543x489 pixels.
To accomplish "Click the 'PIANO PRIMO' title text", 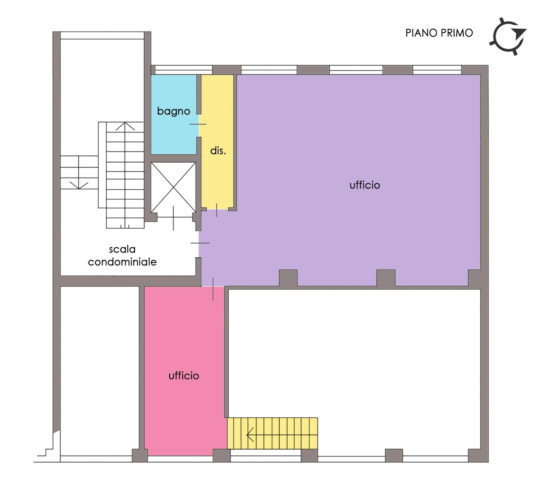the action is pyautogui.click(x=439, y=33).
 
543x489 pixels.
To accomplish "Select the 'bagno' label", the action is pyautogui.click(x=174, y=111).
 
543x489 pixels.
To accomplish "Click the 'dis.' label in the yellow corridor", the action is pyautogui.click(x=218, y=151).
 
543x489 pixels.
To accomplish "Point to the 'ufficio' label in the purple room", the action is pyautogui.click(x=365, y=185).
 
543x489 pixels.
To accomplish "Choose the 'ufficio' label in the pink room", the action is pyautogui.click(x=184, y=376).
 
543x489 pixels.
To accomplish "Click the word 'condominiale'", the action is pyautogui.click(x=122, y=262).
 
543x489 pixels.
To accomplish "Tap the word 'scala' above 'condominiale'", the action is pyautogui.click(x=122, y=249).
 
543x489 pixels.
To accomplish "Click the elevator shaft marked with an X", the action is pyautogui.click(x=173, y=187).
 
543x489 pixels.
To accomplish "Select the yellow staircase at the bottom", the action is pyautogui.click(x=272, y=433).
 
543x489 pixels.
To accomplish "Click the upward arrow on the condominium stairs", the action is pyautogui.click(x=125, y=126).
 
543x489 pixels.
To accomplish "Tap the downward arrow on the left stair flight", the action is pyautogui.click(x=79, y=185).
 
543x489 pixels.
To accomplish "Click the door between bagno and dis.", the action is pyautogui.click(x=199, y=124).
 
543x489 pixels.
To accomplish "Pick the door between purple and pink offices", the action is pyautogui.click(x=213, y=287).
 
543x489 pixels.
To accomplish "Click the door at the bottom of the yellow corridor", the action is pyautogui.click(x=217, y=209).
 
